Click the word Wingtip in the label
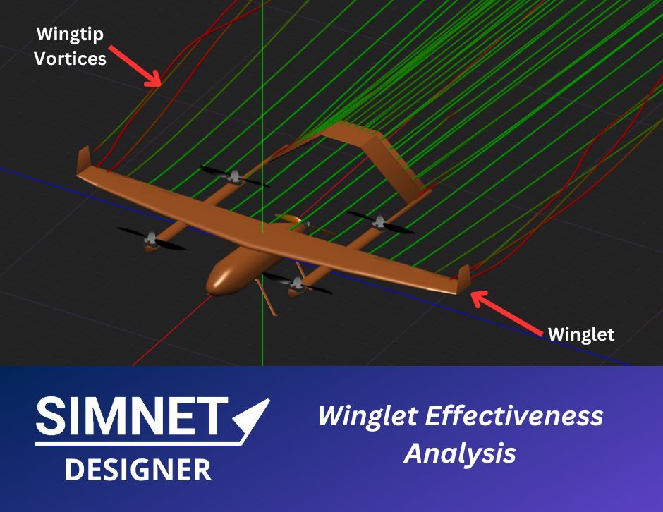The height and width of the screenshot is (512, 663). (x=66, y=34)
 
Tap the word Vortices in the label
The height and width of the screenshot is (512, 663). (x=71, y=58)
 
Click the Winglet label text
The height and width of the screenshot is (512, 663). (x=581, y=334)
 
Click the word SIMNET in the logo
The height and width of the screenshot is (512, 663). (x=132, y=417)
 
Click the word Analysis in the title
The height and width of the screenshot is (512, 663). (x=459, y=453)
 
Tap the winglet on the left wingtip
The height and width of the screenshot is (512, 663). (x=83, y=159)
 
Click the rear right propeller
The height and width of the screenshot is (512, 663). (x=379, y=223)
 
